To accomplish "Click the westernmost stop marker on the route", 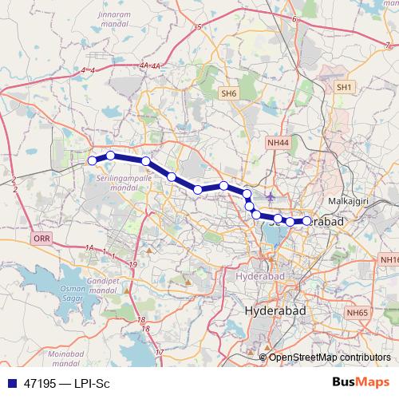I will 92,161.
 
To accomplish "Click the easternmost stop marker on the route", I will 306,221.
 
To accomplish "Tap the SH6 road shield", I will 229,94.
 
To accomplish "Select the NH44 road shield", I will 277,141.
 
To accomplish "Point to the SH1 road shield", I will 344,86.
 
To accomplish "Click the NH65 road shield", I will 358,314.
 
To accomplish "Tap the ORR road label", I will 41,239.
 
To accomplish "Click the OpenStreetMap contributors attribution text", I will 330,357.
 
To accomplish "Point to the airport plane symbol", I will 272,196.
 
